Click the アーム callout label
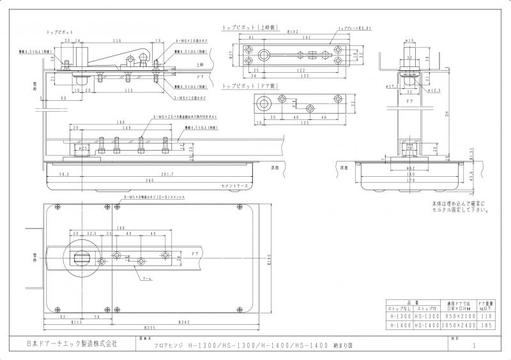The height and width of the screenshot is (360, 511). (x=143, y=278)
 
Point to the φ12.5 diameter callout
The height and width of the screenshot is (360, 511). (x=435, y=91)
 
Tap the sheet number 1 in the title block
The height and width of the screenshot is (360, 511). (x=474, y=345)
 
